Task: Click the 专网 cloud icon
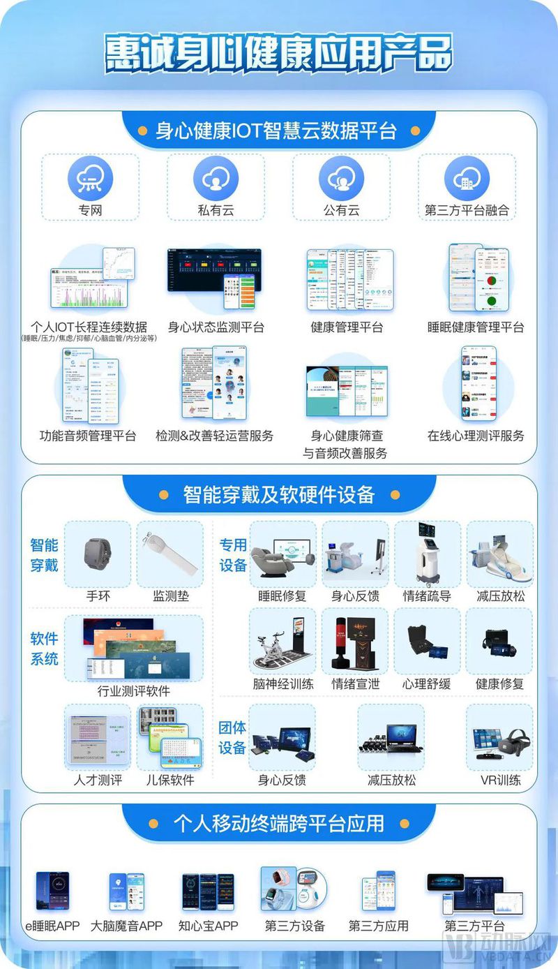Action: (x=90, y=179)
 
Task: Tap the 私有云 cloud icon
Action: (x=216, y=179)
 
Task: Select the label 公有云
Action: (x=341, y=209)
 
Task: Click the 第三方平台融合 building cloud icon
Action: (x=467, y=179)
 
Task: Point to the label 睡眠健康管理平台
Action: (x=476, y=327)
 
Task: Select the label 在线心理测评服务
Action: (x=476, y=436)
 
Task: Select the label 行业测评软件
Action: (x=133, y=691)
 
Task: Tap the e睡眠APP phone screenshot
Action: (x=52, y=891)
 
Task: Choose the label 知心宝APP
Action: (x=208, y=926)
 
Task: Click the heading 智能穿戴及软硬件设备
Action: (x=279, y=495)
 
